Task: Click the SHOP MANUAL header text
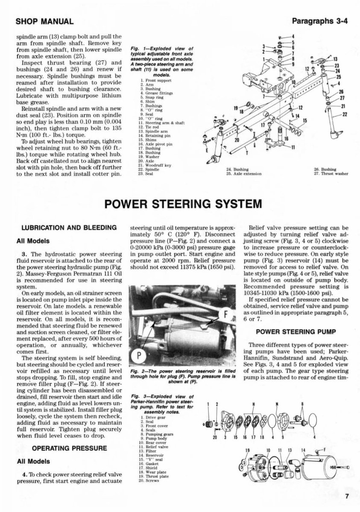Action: [x=45, y=21]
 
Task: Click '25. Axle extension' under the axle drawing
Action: [x=244, y=174]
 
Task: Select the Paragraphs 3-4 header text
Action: [x=318, y=21]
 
